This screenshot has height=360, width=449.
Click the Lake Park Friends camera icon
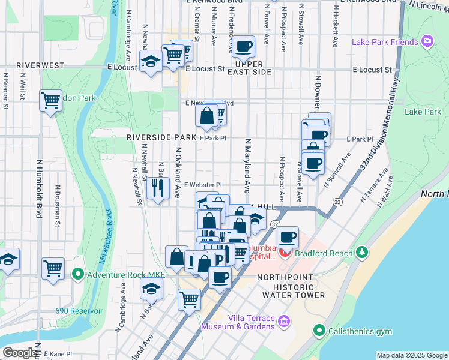[427, 41]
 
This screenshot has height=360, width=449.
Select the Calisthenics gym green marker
[318, 331]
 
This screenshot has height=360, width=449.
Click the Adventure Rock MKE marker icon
[77, 275]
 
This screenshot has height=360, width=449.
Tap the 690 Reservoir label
[79, 311]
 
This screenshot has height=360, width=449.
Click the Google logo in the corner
[20, 352]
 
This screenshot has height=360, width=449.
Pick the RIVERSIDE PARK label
[161, 137]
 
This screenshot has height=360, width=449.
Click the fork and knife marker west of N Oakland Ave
[157, 188]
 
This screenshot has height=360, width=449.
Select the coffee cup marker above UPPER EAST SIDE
[244, 47]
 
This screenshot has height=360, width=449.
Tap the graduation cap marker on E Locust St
[150, 61]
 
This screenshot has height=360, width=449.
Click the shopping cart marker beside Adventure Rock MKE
[53, 267]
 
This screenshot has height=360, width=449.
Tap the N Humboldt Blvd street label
[39, 187]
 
